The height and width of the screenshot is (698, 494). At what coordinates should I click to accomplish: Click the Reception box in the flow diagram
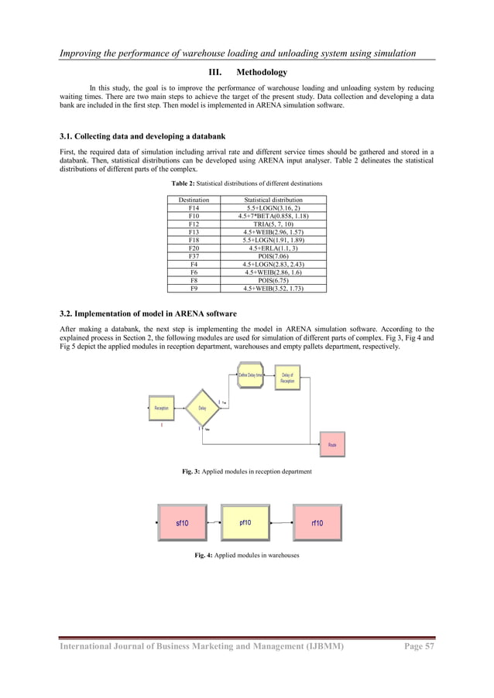coord(162,408)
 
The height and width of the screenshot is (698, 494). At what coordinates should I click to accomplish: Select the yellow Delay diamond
coord(202,408)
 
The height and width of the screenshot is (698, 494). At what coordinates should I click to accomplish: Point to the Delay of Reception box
coord(287,378)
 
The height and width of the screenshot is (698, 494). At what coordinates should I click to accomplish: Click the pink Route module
coord(331,446)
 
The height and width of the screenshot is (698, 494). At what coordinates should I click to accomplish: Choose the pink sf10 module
coord(182,523)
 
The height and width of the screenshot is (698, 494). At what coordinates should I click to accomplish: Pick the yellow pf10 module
coord(245,523)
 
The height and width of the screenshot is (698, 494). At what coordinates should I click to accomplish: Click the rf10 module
coord(317,523)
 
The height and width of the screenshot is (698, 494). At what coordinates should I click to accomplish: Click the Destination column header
coord(194,200)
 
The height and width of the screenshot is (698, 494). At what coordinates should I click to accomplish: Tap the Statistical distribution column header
coord(273,200)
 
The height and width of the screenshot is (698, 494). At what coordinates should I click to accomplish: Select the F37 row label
coord(194,255)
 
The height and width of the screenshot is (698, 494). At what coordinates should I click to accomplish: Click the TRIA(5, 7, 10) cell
coord(273,223)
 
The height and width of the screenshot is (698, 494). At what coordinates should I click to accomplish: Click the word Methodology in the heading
coord(261,73)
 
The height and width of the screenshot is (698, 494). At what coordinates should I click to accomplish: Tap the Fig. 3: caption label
coord(190,471)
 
